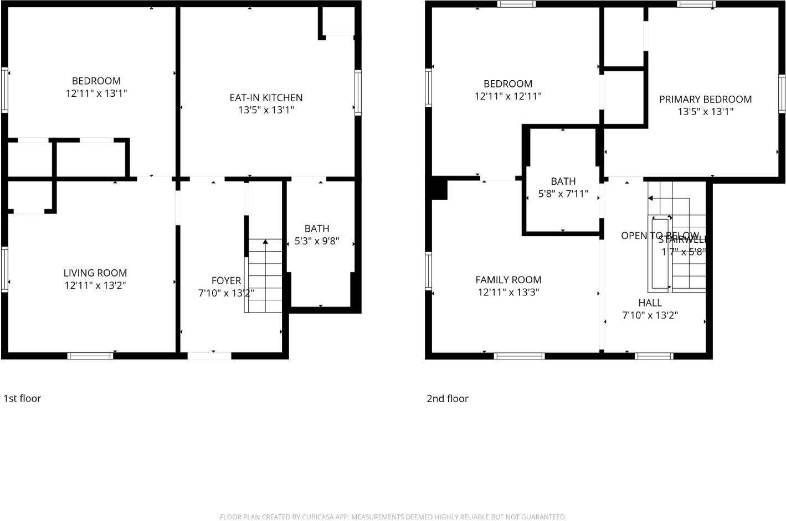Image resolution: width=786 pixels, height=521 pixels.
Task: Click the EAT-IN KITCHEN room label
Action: (266, 98)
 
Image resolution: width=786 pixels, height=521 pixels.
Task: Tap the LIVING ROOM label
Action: (95, 273)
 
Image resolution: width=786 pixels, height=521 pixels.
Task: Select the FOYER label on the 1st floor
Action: (226, 280)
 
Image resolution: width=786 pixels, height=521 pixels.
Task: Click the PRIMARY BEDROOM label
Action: (705, 100)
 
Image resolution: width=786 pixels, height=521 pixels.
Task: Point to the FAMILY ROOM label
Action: (508, 280)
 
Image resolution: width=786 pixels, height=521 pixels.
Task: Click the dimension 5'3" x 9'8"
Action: (317, 241)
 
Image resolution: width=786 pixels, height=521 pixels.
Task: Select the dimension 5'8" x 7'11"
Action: (563, 194)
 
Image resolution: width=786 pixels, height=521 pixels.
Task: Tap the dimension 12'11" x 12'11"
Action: (508, 96)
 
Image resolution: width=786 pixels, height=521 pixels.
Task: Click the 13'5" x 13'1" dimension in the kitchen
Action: (266, 110)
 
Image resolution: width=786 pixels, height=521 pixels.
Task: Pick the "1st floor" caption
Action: (22, 398)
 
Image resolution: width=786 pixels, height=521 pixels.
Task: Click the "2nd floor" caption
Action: (448, 399)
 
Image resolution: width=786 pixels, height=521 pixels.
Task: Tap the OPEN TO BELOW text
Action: (659, 236)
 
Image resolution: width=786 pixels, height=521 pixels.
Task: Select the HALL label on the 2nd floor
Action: (650, 303)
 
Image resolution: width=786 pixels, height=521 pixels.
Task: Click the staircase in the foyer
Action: (265, 275)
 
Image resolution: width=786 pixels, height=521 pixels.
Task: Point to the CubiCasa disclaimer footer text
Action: (393, 517)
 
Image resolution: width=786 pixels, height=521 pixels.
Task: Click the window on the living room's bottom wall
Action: (90, 356)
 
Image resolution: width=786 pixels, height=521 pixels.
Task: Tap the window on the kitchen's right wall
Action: (358, 92)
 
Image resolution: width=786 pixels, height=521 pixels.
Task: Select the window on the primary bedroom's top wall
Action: (696, 4)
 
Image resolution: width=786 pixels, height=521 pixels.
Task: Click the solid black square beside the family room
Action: (439, 189)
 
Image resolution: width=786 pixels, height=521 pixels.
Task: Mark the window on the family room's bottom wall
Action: (519, 356)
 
